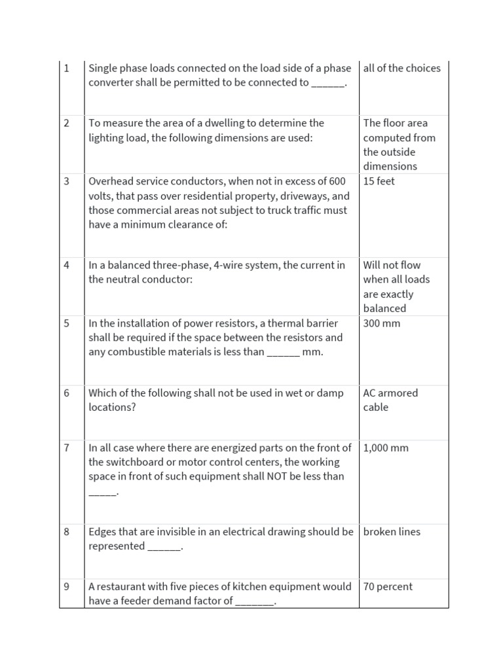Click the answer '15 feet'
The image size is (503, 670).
pos(379,181)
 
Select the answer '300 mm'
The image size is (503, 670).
pos(382,323)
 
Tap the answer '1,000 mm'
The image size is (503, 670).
pos(386,448)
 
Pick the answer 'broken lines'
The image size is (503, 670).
pos(392,532)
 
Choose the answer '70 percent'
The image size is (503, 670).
pos(388,587)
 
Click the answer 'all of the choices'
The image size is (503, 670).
pos(401,68)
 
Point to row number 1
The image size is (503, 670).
pos(66,68)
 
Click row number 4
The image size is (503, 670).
pos(66,265)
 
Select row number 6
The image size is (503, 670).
pos(66,393)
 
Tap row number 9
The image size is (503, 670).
pos(66,587)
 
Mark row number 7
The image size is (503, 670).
pos(66,448)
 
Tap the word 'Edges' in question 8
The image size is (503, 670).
pos(102,532)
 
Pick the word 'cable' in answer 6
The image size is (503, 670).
pos(376,408)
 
